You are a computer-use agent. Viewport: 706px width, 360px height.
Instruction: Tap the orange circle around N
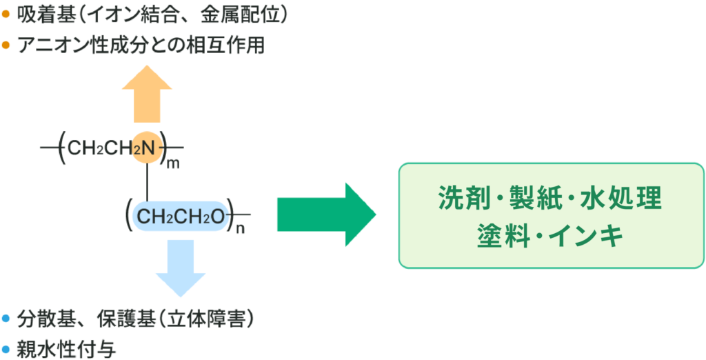click(x=147, y=147)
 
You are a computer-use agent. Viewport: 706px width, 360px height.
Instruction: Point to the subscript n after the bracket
click(x=240, y=229)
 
